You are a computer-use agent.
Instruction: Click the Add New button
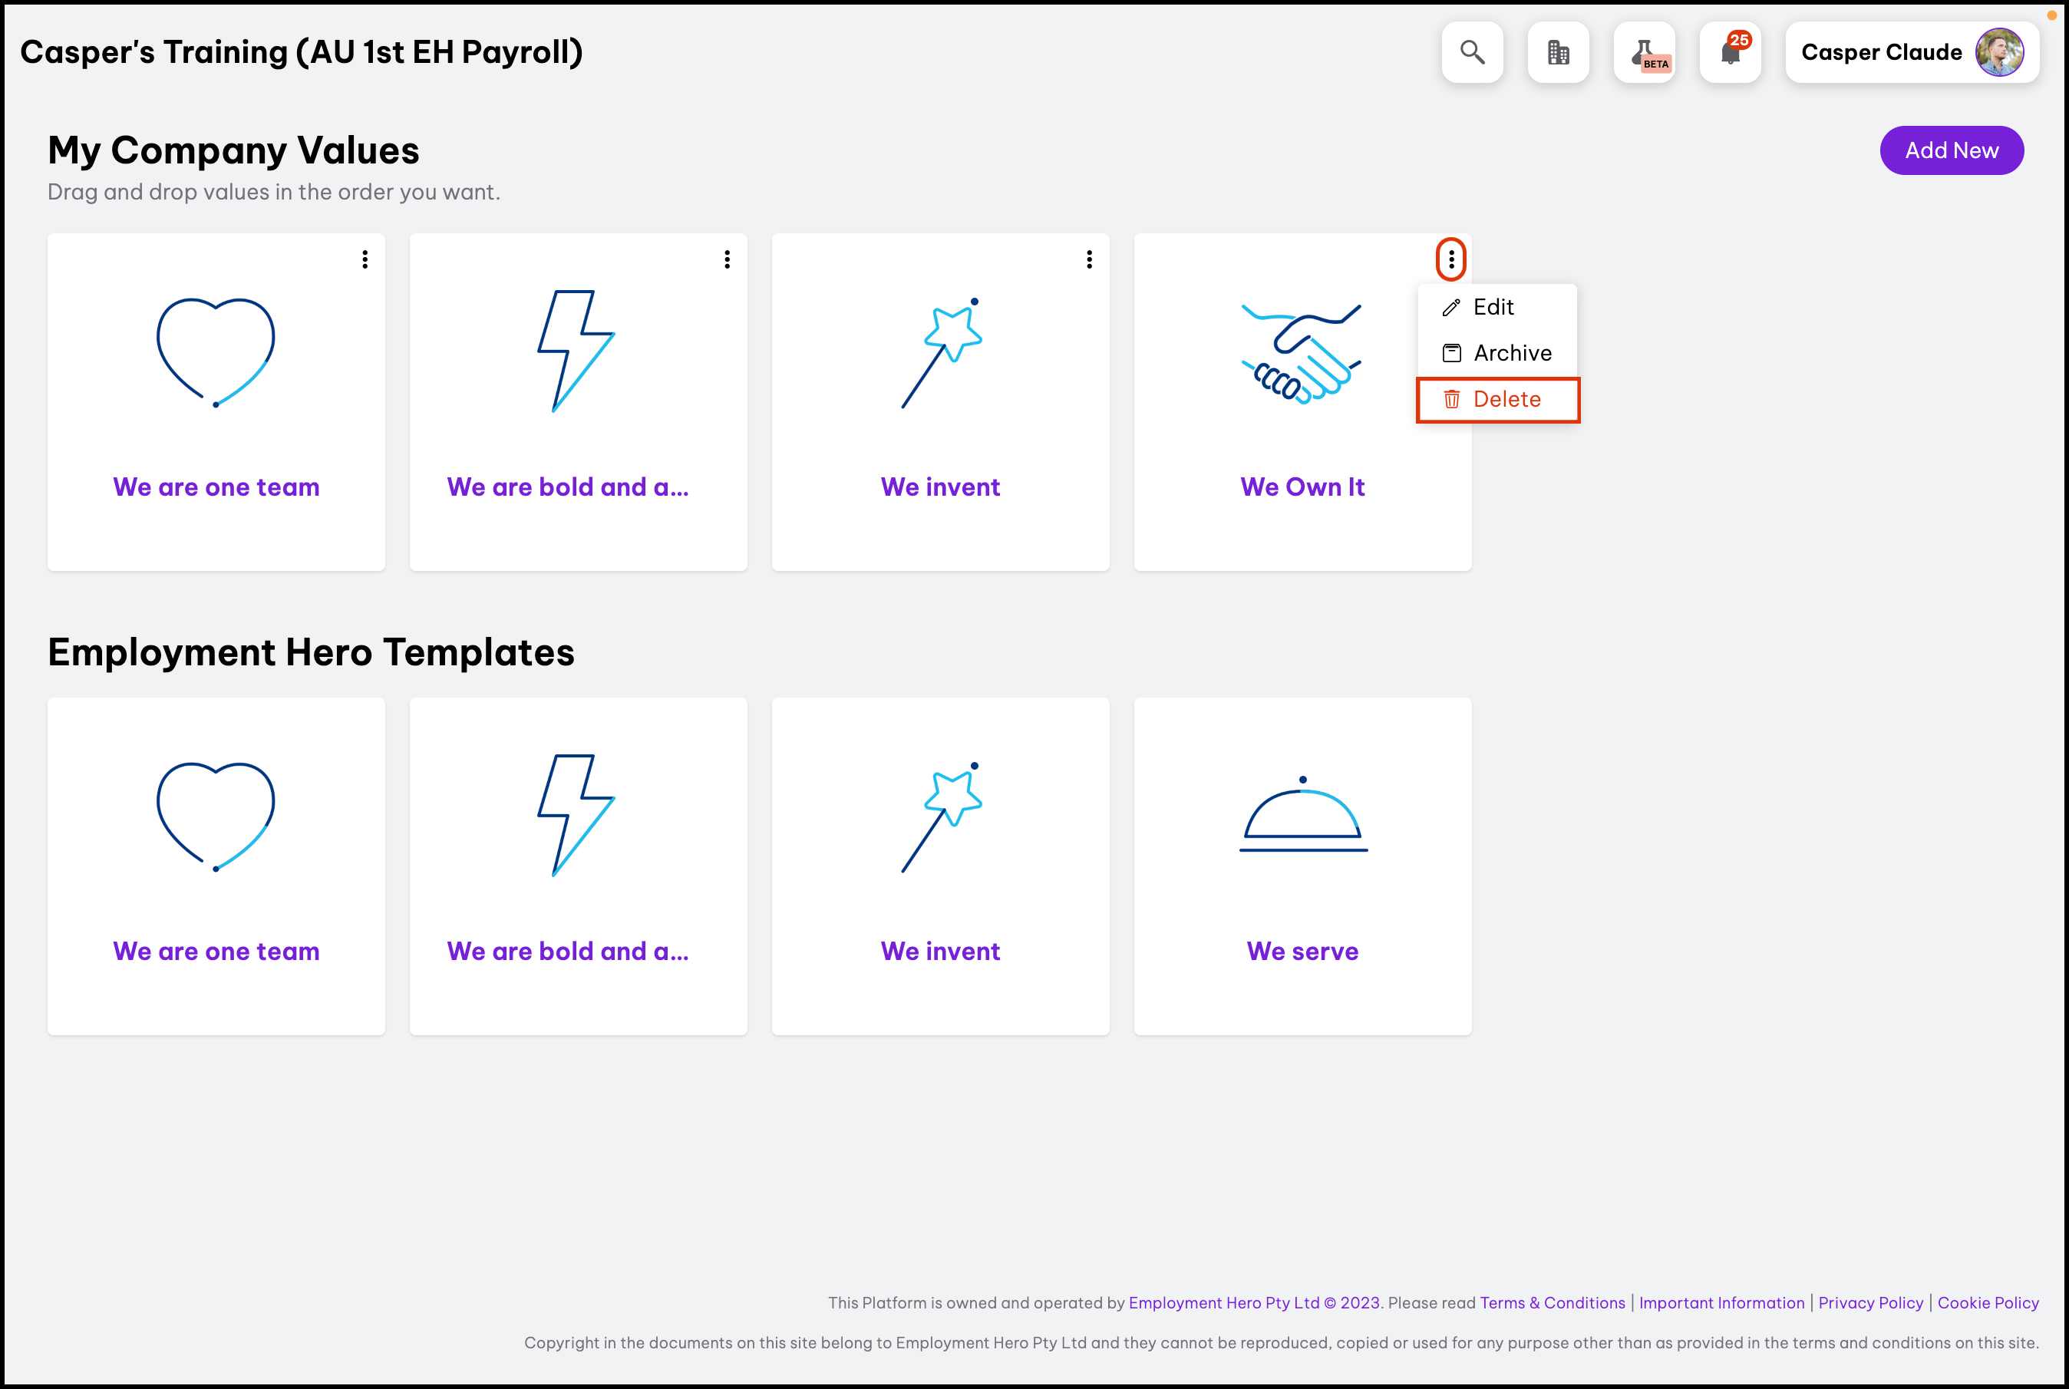(1952, 150)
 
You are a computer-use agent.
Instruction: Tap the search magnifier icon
(1472, 52)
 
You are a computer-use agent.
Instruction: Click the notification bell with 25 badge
(1731, 52)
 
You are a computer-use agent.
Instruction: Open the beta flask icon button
(1645, 52)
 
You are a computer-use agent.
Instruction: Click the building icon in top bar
(1559, 52)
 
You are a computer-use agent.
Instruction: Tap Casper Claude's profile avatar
(1999, 52)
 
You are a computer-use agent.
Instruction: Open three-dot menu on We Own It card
(1450, 259)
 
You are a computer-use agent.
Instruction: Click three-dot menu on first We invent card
(1090, 259)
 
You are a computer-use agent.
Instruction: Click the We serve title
(1303, 952)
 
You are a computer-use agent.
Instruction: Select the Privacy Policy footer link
(1870, 1303)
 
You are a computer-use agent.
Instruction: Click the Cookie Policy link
(1988, 1303)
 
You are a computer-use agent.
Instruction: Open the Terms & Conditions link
(1553, 1303)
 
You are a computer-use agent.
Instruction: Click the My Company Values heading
(234, 150)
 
